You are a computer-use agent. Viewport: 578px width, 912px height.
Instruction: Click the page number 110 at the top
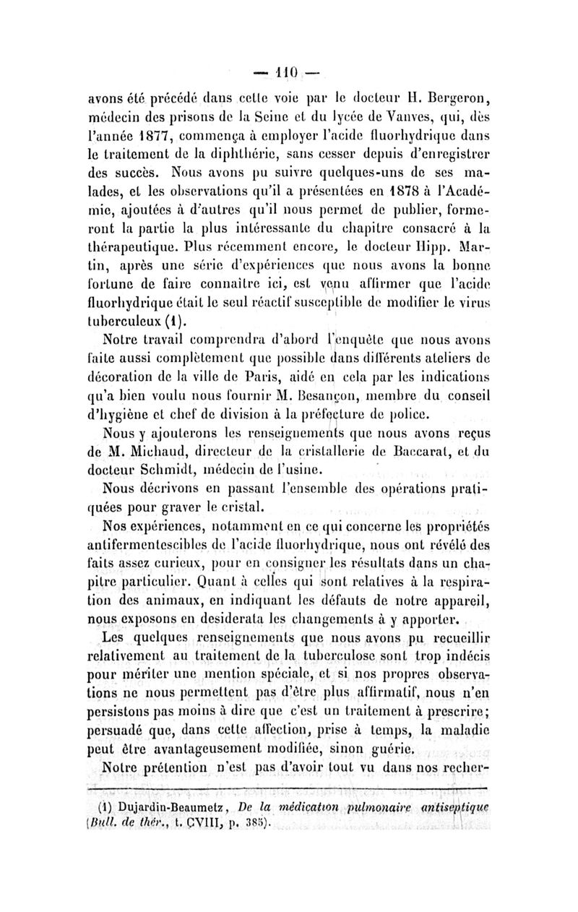pyautogui.click(x=289, y=73)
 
